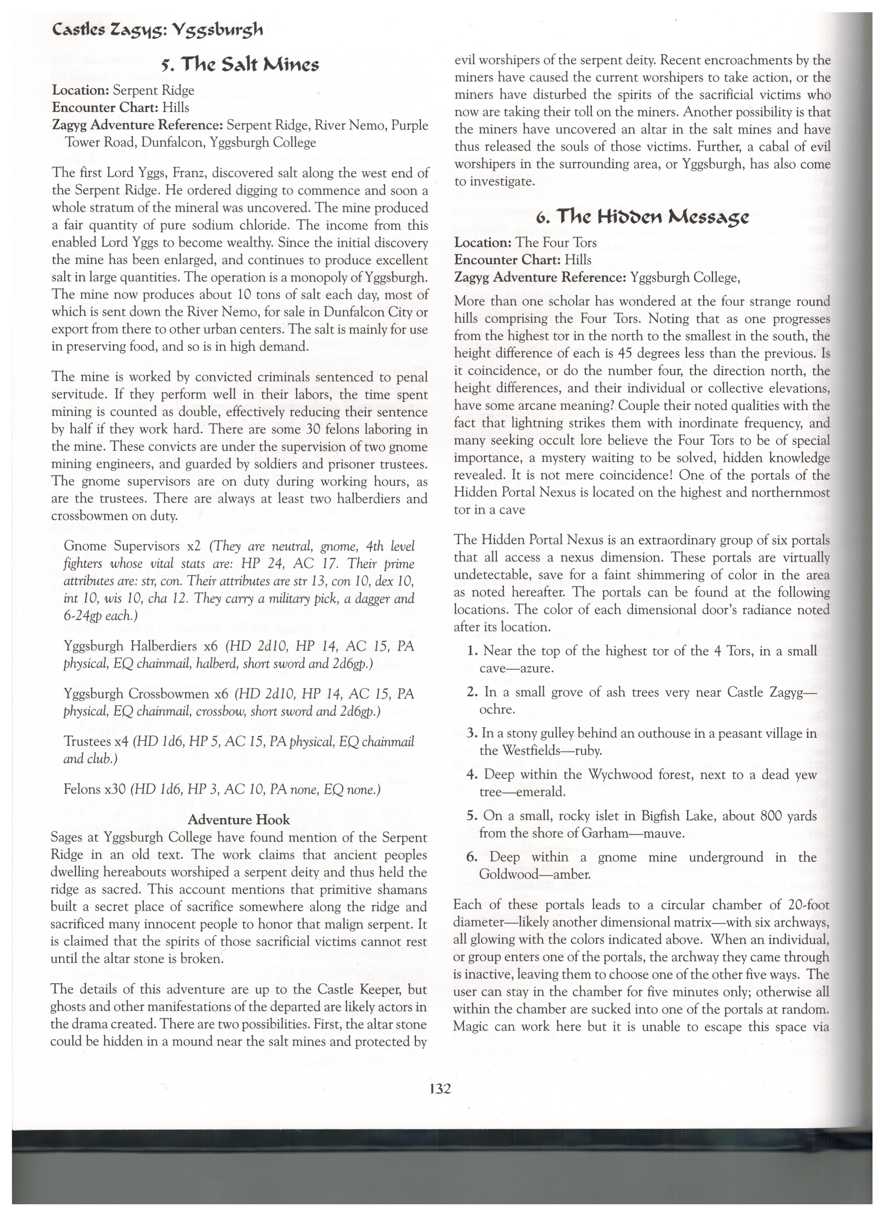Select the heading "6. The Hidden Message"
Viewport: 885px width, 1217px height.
[641, 218]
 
